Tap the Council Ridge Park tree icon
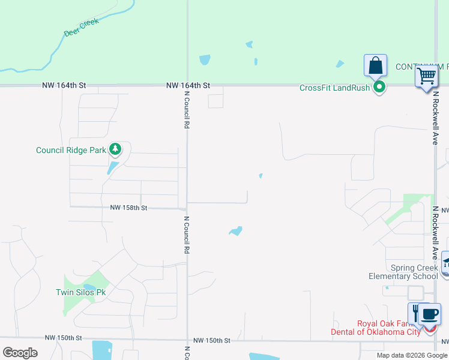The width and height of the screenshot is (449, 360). (115, 149)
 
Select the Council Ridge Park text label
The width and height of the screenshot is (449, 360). (71, 151)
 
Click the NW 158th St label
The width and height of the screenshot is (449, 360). (128, 208)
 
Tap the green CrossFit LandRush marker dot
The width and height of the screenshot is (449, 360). (379, 88)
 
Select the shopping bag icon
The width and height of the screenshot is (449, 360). (376, 65)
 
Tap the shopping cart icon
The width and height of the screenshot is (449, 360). (427, 76)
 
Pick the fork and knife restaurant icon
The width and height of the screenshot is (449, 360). (415, 313)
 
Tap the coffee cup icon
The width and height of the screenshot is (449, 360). (430, 313)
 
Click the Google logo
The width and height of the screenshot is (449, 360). (20, 352)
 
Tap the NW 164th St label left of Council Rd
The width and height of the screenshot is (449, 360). (64, 86)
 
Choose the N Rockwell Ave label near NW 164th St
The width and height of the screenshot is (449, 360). (435, 119)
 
